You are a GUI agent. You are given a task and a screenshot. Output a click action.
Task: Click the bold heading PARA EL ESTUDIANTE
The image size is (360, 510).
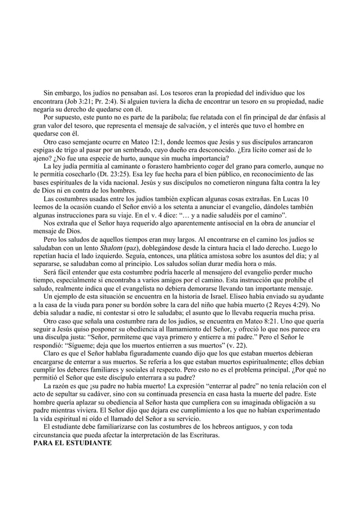tap(73, 443)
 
